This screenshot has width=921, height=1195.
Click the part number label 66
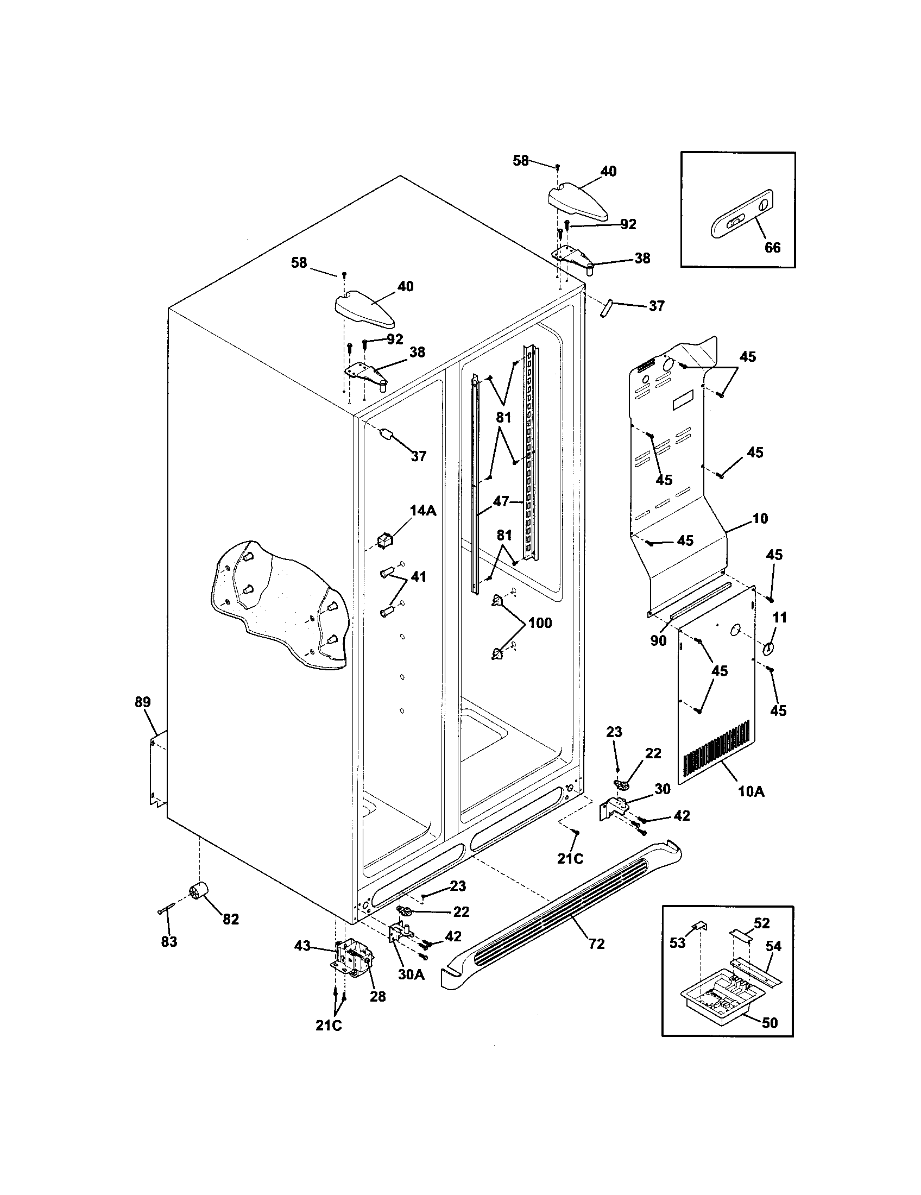[x=772, y=247]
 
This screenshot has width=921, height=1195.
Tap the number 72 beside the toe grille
[x=596, y=944]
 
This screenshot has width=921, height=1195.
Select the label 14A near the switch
[x=423, y=511]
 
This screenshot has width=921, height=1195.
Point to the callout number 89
[x=143, y=702]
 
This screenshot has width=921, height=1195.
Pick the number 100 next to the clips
[x=540, y=622]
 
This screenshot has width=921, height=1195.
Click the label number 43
[x=302, y=946]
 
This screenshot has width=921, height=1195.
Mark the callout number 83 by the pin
[x=169, y=942]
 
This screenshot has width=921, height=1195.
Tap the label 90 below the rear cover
[x=658, y=640]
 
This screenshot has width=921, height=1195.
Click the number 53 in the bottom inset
[x=677, y=943]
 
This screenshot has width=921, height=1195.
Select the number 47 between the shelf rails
[x=501, y=501]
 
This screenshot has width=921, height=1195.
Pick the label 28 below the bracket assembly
[x=377, y=996]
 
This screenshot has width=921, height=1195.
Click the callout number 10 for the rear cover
[x=760, y=518]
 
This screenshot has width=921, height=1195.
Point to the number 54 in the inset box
[x=773, y=946]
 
